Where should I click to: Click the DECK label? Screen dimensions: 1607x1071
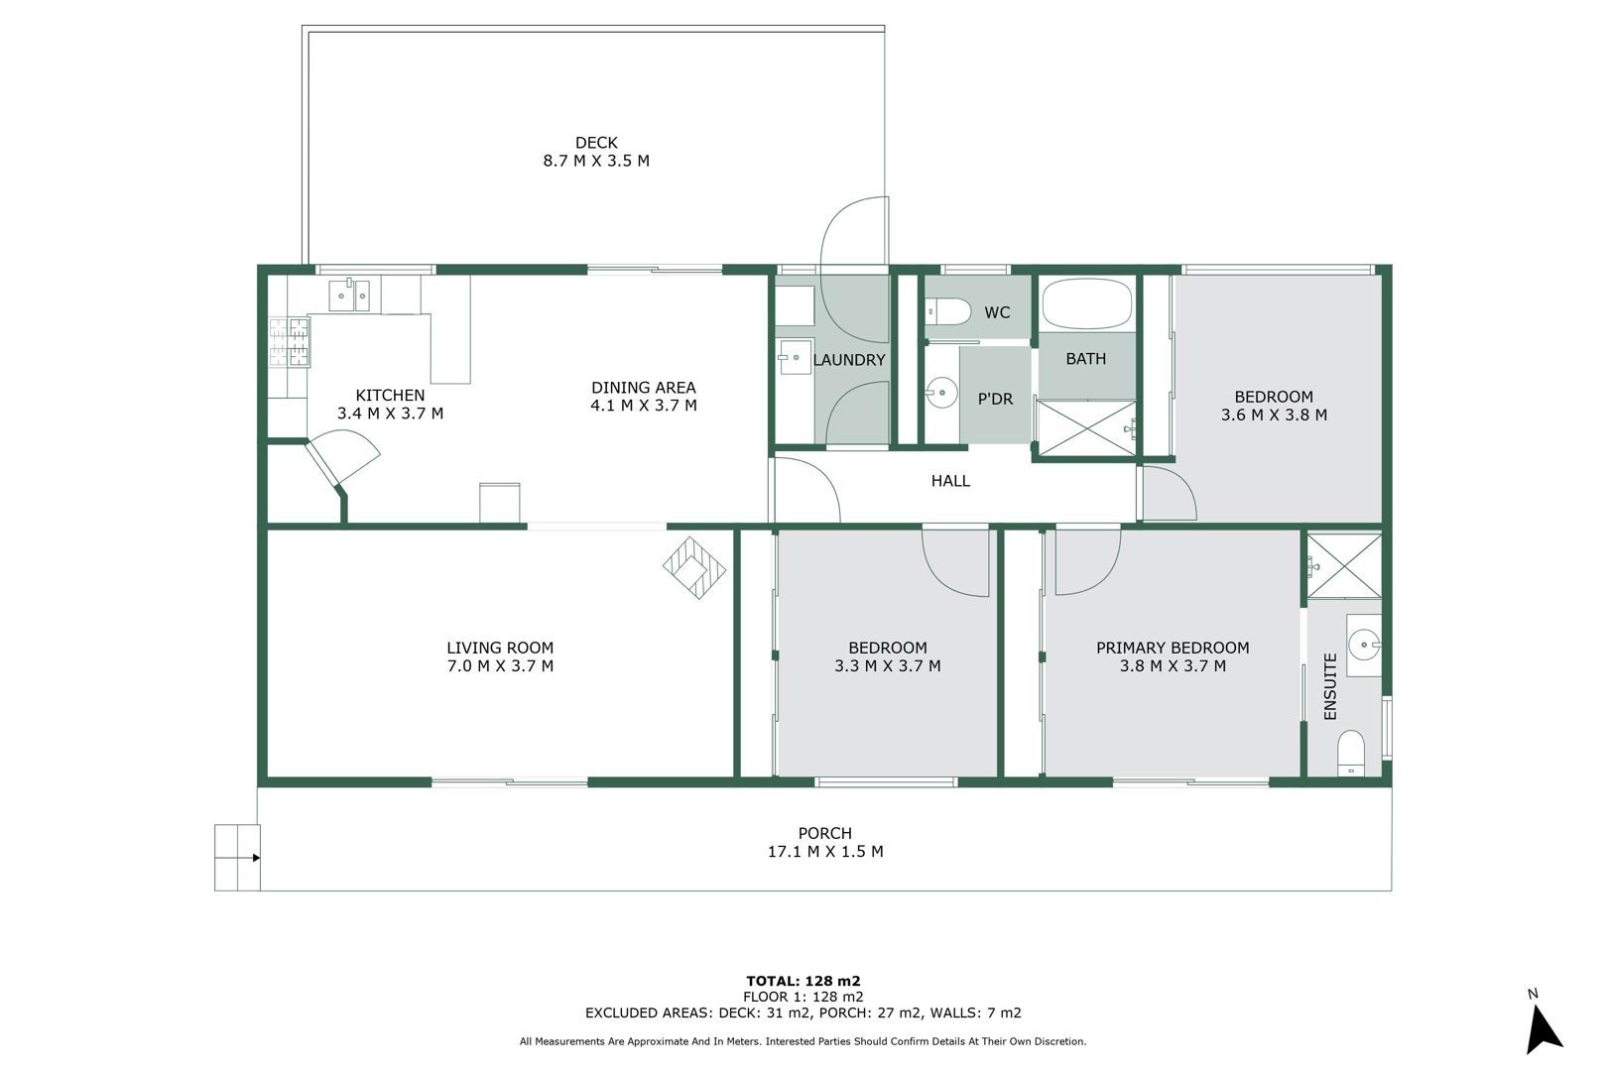596,143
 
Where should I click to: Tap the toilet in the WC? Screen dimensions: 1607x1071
947,312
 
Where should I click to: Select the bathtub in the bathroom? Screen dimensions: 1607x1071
1087,304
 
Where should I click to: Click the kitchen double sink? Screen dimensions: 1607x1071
349,296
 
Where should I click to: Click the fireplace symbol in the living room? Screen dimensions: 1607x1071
694,567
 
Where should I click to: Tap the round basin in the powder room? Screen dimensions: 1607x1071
941,393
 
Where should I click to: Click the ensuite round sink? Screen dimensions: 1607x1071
1364,645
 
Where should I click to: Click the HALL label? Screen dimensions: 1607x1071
950,481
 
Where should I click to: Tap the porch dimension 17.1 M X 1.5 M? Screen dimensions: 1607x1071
825,852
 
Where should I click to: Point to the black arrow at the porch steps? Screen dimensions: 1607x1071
256,858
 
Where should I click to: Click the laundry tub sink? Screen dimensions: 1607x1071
795,357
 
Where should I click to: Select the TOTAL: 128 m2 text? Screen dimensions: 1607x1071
803,981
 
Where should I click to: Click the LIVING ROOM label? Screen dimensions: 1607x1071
500,648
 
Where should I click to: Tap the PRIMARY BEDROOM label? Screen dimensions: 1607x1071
1173,648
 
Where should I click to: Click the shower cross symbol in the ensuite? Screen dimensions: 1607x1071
1344,566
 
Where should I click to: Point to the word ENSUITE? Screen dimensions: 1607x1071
1330,686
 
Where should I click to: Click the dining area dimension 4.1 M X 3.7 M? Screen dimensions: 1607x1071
644,406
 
